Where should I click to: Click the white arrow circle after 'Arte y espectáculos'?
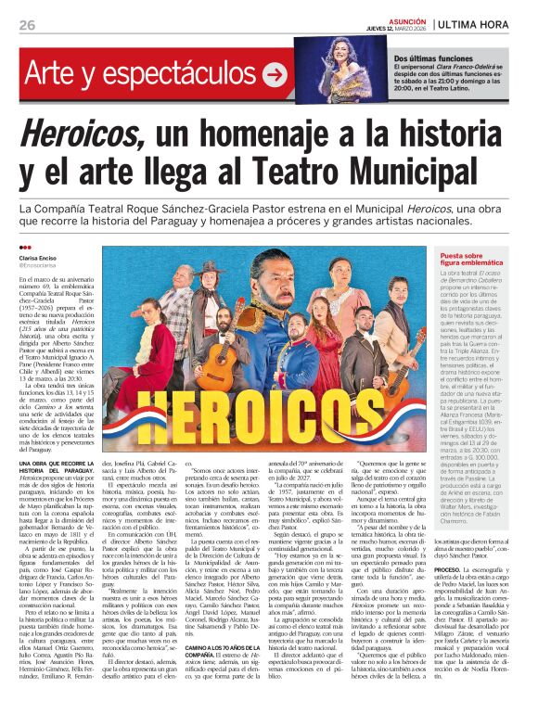275,74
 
